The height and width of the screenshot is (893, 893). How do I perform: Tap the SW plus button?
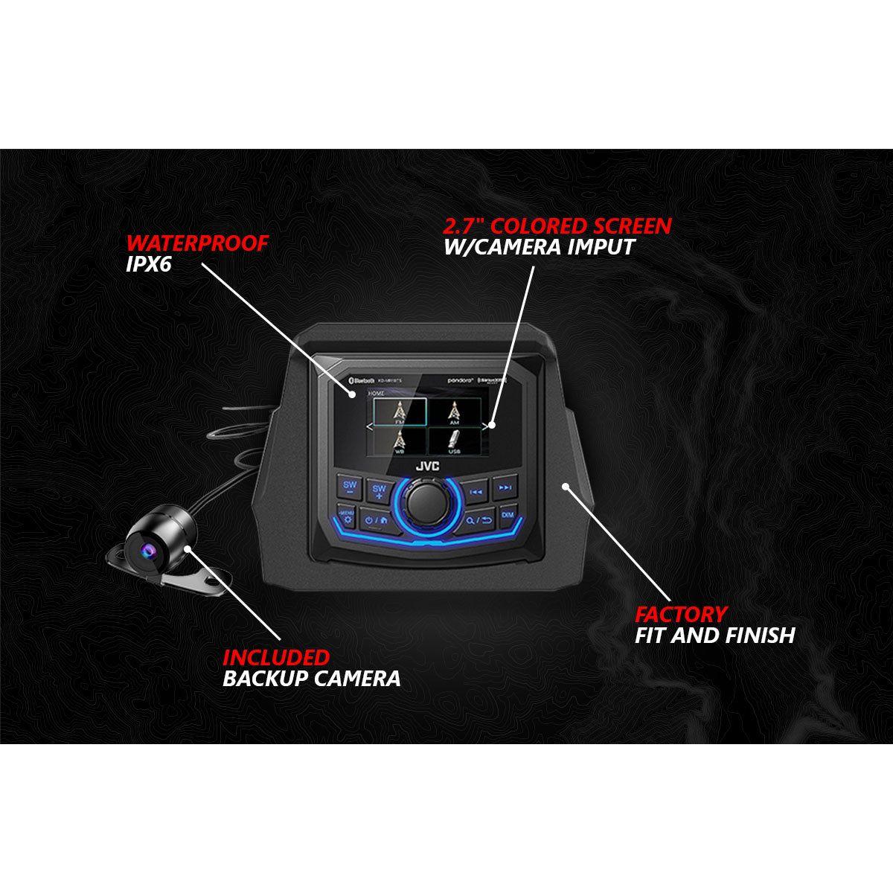point(380,490)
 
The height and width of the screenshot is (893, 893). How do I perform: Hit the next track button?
point(505,489)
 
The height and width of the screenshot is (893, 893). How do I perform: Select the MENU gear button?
point(345,515)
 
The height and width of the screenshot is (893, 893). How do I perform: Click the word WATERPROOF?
point(196,244)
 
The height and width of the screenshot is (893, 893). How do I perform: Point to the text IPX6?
point(149,264)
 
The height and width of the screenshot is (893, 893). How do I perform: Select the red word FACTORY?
point(680,614)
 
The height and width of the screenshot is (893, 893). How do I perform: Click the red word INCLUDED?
point(276,657)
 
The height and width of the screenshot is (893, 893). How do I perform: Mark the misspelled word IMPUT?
point(600,246)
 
